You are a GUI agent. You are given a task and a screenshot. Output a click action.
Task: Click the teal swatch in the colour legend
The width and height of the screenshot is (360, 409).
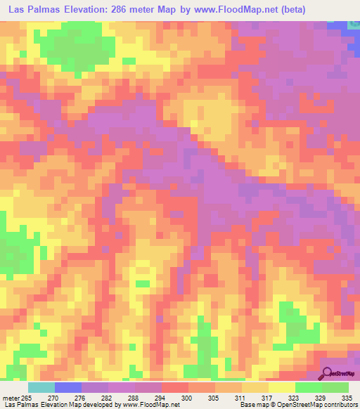point(41,387)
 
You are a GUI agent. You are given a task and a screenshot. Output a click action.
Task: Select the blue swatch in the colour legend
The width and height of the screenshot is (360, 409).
point(68,387)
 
